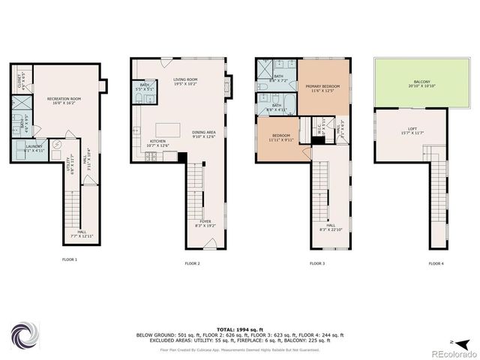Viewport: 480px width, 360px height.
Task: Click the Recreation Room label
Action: tap(64, 100)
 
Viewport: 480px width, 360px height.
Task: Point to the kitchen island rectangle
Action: tap(169, 129)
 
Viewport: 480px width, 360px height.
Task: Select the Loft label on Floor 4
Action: tap(412, 130)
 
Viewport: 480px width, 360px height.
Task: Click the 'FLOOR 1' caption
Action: tap(70, 259)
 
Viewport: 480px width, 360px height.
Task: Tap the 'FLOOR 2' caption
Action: tap(193, 263)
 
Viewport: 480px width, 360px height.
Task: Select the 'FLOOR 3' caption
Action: tap(317, 263)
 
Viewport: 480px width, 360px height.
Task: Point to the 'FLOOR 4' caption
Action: tap(436, 263)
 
